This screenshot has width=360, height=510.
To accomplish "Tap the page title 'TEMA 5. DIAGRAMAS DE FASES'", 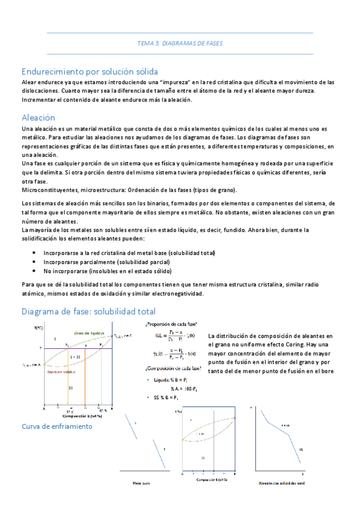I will click(180, 44).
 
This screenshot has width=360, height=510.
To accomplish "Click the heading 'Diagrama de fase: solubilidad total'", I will click(88, 311).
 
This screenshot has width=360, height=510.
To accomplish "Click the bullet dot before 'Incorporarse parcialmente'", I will click(33, 262).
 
